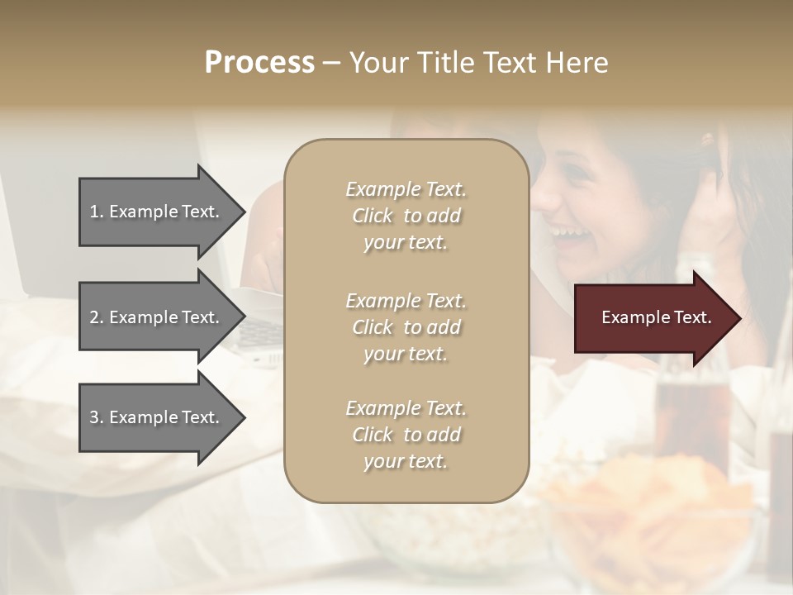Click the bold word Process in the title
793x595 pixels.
pyautogui.click(x=259, y=62)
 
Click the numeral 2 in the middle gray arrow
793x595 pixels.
pyautogui.click(x=94, y=317)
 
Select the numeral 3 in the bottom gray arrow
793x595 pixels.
pyautogui.click(x=94, y=417)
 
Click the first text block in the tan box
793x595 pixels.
pyautogui.click(x=406, y=216)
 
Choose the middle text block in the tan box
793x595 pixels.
pyautogui.click(x=406, y=326)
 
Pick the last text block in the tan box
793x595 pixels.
pyautogui.click(x=406, y=435)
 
